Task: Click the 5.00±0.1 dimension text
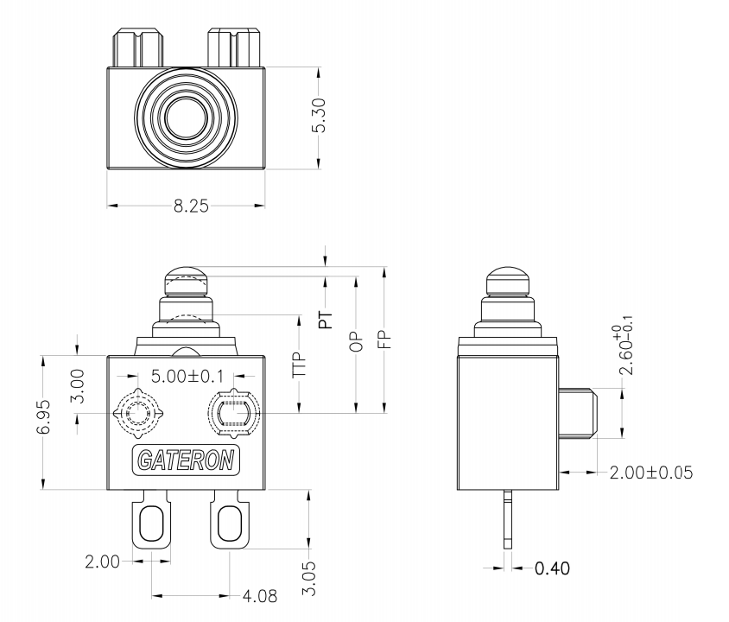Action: pyautogui.click(x=185, y=378)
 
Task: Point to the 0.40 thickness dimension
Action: pyautogui.click(x=552, y=568)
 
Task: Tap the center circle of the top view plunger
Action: pyautogui.click(x=185, y=117)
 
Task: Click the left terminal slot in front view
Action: pyautogui.click(x=151, y=523)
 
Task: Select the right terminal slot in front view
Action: pyautogui.click(x=229, y=523)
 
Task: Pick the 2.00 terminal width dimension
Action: pyautogui.click(x=103, y=562)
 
